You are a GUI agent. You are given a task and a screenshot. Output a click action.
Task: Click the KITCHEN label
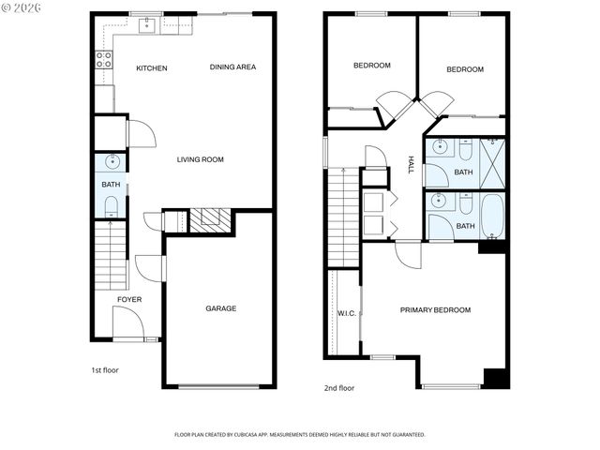pyautogui.click(x=152, y=67)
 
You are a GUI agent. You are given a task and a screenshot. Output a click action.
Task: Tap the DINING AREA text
pyautogui.click(x=232, y=67)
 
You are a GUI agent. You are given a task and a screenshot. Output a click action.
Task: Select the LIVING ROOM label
pyautogui.click(x=201, y=159)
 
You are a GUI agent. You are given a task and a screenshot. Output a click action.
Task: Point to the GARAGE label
pyautogui.click(x=221, y=308)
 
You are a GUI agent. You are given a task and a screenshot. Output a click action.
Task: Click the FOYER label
pyautogui.click(x=129, y=300)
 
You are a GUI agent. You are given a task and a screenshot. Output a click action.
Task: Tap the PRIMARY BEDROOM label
pyautogui.click(x=435, y=310)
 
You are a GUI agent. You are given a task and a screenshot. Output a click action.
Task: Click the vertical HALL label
pyautogui.click(x=411, y=164)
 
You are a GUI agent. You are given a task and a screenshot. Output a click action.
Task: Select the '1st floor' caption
pyautogui.click(x=104, y=370)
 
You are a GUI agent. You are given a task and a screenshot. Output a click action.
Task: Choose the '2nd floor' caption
pyautogui.click(x=339, y=387)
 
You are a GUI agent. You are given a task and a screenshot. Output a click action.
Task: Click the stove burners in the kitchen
pyautogui.click(x=104, y=61)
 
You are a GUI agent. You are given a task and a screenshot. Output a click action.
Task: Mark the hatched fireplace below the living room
pyautogui.click(x=211, y=220)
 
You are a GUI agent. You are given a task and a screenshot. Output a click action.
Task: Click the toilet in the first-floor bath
pyautogui.click(x=111, y=205)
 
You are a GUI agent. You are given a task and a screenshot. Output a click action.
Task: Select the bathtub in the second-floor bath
pyautogui.click(x=491, y=215)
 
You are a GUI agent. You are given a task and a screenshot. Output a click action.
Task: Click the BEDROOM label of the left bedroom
pyautogui.click(x=371, y=66)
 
